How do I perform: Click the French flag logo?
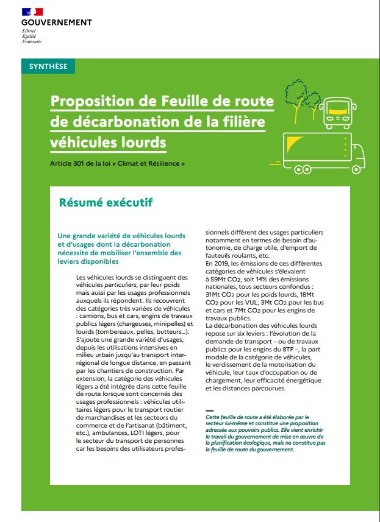(32, 12)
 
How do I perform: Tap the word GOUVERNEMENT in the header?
(56, 23)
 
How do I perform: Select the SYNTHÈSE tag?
(48, 66)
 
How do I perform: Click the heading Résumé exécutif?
(106, 202)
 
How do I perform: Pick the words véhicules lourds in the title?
(108, 142)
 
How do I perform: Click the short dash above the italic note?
(210, 411)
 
